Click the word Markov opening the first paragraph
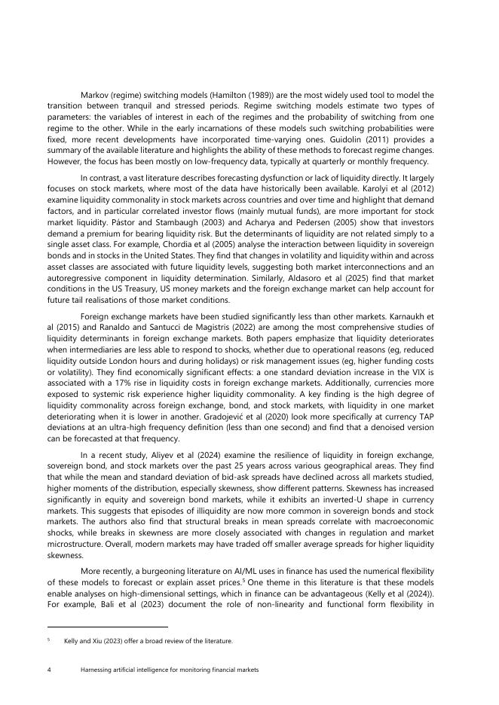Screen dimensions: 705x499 (x=95, y=95)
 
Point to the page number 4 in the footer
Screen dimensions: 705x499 (x=49, y=669)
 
